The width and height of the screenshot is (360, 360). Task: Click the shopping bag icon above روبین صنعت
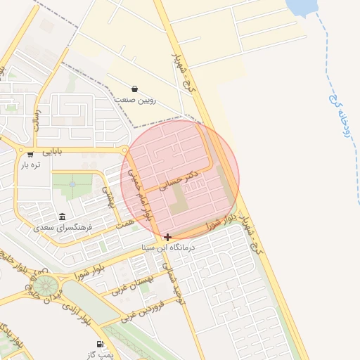pyautogui.click(x=134, y=89)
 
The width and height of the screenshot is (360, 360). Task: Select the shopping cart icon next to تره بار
pyautogui.click(x=30, y=154)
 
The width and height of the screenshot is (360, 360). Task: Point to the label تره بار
pyautogui.click(x=30, y=165)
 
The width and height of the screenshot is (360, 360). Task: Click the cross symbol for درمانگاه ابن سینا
pyautogui.click(x=167, y=237)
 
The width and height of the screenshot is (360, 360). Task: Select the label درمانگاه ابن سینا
pyautogui.click(x=167, y=247)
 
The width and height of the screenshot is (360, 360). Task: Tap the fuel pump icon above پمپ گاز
pyautogui.click(x=99, y=345)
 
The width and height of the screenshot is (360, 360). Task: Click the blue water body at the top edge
pyautogui.click(x=303, y=7)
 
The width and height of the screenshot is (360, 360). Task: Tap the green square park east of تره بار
pyautogui.click(x=72, y=185)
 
